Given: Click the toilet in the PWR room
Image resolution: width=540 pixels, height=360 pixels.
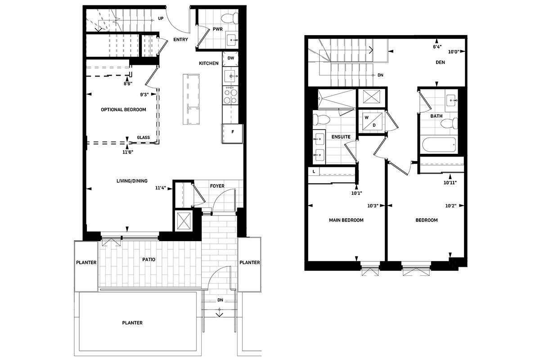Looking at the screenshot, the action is (230, 18).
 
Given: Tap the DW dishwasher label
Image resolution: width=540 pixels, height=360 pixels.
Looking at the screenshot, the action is (231, 58).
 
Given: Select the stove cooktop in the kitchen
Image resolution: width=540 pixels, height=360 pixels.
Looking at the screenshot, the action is (230, 95).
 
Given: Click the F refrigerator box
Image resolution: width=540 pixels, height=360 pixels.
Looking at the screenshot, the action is (232, 134).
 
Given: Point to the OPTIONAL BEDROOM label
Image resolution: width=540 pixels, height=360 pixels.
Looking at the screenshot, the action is (123, 110).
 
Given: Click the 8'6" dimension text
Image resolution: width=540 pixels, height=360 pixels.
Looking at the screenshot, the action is (128, 84).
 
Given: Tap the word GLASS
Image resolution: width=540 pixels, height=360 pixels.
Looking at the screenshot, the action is (144, 137).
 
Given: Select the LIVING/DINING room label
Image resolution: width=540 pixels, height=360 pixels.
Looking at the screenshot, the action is (132, 181).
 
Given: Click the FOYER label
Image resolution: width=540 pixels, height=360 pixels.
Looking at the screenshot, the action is (217, 186).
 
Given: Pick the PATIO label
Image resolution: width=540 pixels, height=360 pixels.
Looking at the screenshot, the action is (149, 260).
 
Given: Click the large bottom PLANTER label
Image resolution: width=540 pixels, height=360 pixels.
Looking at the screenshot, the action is (132, 323).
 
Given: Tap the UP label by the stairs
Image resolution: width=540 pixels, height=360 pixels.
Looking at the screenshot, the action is (161, 18).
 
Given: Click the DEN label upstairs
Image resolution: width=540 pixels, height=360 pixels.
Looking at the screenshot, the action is (440, 63).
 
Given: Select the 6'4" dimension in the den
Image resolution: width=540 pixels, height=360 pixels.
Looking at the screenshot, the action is (437, 47).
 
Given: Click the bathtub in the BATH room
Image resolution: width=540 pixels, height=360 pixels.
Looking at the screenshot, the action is (440, 144).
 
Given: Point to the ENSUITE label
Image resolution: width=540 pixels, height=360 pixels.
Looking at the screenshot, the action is (341, 137).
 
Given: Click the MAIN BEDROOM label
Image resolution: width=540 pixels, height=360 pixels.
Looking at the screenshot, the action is (346, 220).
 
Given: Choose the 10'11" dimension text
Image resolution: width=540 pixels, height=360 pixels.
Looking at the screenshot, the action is (450, 183).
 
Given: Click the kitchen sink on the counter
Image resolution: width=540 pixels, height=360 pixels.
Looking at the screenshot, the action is (230, 76).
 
